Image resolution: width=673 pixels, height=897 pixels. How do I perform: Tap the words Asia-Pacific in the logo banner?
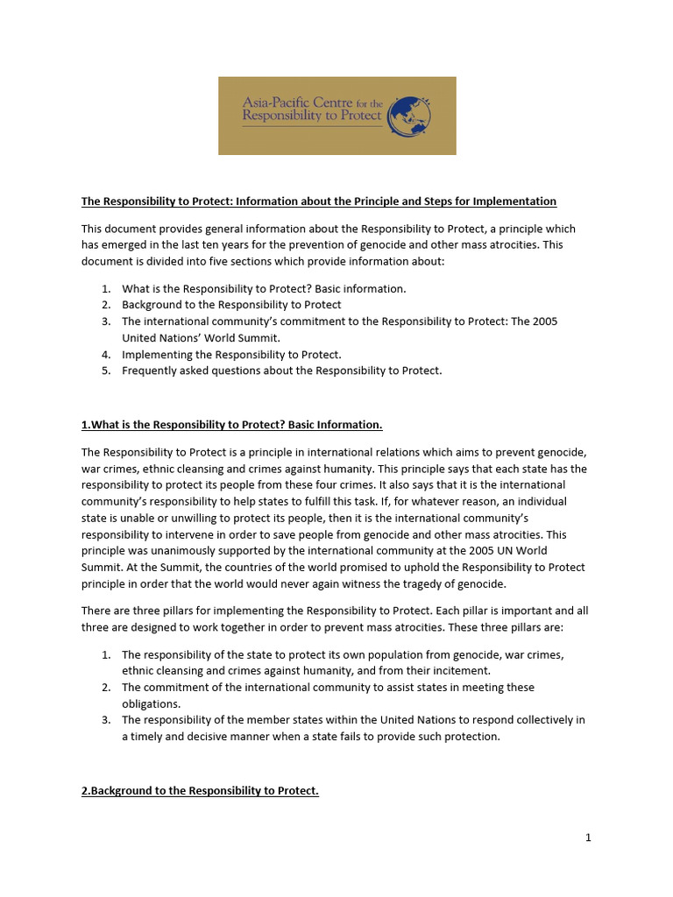(x=279, y=102)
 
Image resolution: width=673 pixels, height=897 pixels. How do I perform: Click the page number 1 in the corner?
(x=588, y=837)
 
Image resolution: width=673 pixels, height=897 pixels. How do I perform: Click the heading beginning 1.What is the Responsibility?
(x=232, y=425)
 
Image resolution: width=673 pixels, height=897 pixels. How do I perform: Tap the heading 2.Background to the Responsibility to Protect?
(x=200, y=791)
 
